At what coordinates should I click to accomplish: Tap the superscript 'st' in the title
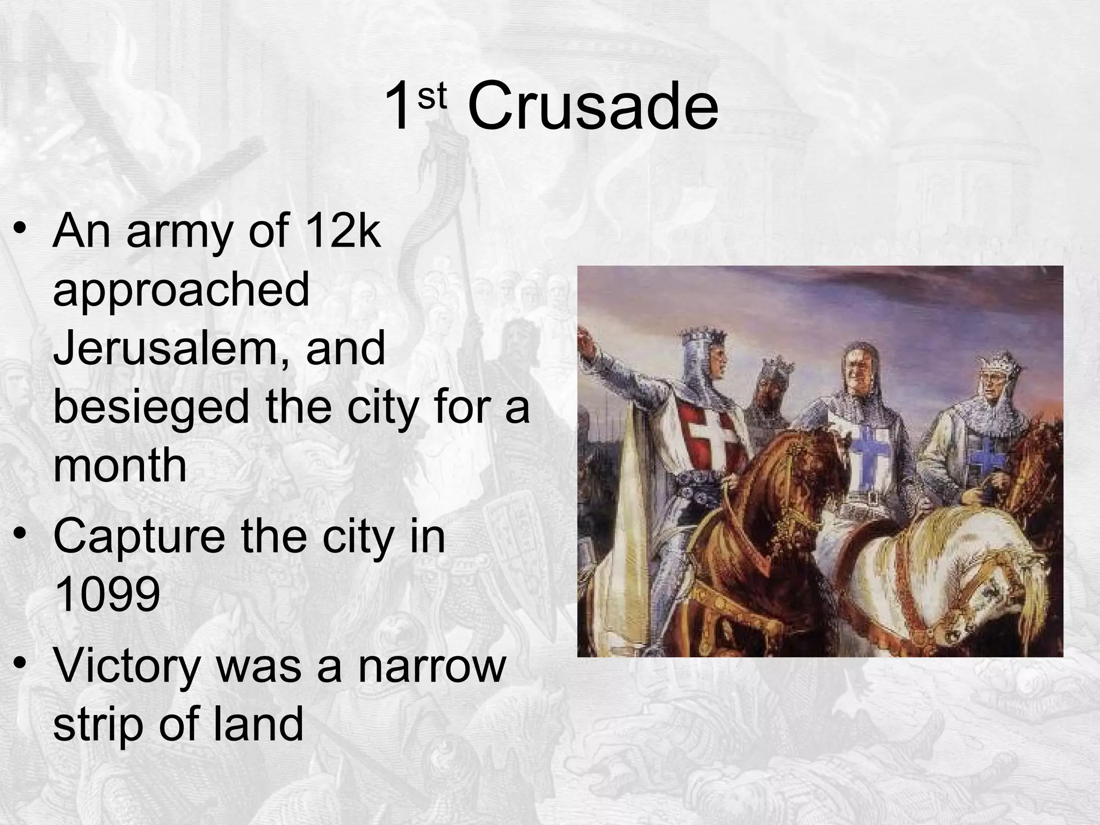[432, 97]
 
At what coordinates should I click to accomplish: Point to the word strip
[97, 723]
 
